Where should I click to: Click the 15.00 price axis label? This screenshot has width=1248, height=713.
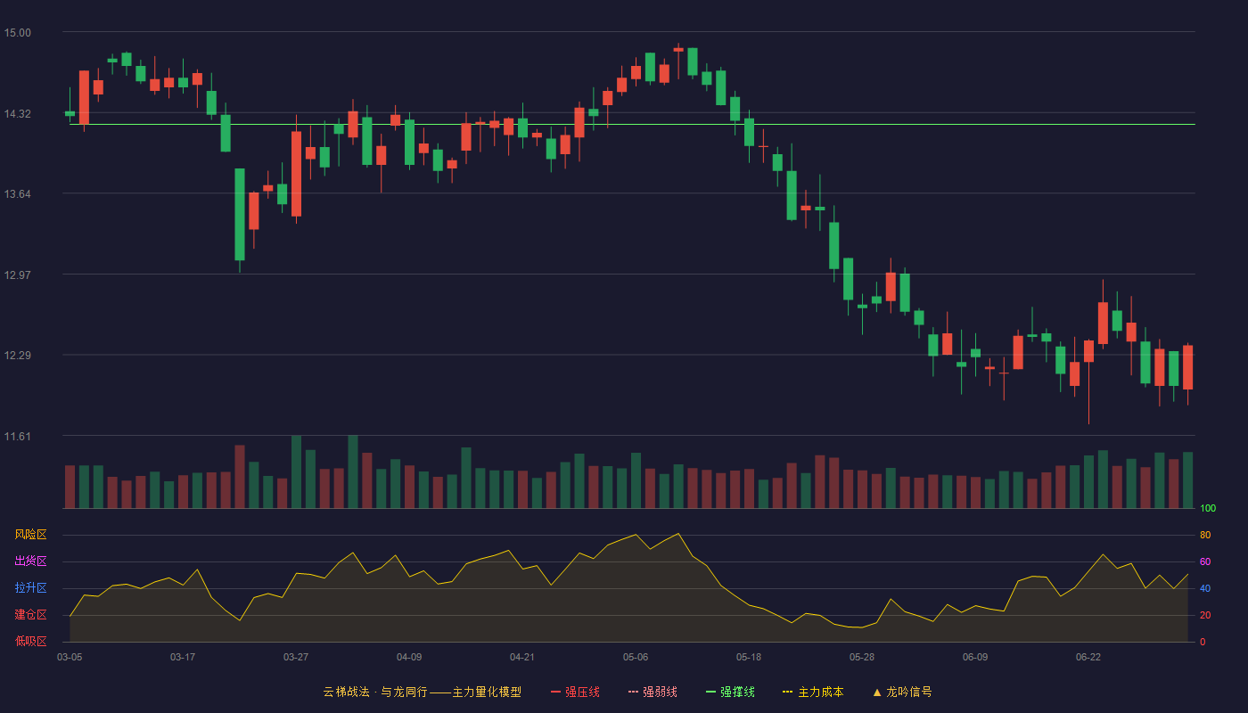point(17,33)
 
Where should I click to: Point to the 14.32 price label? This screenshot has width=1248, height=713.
point(17,114)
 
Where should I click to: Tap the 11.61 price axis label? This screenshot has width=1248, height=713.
point(17,436)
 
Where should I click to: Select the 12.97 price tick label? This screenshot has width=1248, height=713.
point(17,275)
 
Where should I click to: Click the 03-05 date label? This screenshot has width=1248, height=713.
point(70,658)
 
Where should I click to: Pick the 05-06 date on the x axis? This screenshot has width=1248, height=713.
point(636,658)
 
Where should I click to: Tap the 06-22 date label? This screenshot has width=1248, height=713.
point(1088,658)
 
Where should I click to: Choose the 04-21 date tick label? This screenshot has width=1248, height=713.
point(522,658)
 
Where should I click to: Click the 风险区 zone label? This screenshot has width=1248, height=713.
point(30,535)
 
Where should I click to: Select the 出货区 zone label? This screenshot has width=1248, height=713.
point(30,561)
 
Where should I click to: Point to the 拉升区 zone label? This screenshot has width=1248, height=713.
point(30,587)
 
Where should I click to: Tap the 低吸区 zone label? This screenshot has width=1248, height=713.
point(30,641)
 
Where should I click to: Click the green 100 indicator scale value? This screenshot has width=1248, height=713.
point(1208,508)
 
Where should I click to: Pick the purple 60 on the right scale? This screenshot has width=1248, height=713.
point(1205,561)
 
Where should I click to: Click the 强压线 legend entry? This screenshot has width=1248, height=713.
point(575,692)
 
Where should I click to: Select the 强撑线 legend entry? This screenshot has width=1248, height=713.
point(730,692)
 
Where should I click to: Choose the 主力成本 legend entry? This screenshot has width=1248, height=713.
point(813,692)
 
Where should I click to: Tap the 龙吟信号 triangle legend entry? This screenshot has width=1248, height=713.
point(902,692)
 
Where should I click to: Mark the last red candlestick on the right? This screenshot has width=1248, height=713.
point(1187,367)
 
